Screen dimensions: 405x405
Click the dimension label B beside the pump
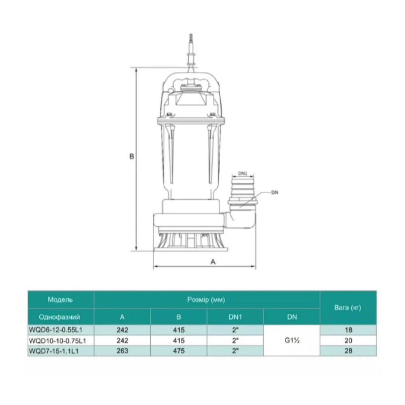pos(132,156)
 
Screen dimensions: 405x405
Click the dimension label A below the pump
pos(213,262)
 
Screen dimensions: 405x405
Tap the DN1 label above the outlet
pos(243,174)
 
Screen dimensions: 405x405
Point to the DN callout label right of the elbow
pos(275,193)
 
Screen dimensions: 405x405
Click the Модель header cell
pos(60,300)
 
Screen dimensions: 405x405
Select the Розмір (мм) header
pos(206,300)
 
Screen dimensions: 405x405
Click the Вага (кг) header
pos(347,308)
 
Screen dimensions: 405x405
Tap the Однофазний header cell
pos(60,317)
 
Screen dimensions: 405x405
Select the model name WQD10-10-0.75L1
pos(58,341)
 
